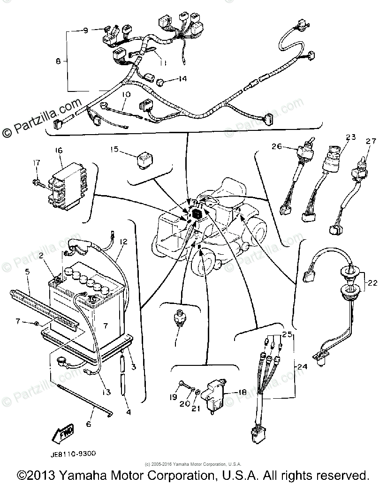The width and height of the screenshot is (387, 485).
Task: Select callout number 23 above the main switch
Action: click(351, 137)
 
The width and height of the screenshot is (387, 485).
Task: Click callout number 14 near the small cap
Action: click(182, 79)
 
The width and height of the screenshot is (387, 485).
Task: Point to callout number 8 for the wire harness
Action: click(58, 61)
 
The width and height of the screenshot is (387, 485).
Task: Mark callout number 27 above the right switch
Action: click(371, 141)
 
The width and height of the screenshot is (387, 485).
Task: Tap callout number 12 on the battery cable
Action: click(123, 242)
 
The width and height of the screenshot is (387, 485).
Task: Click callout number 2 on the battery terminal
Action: click(41, 256)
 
